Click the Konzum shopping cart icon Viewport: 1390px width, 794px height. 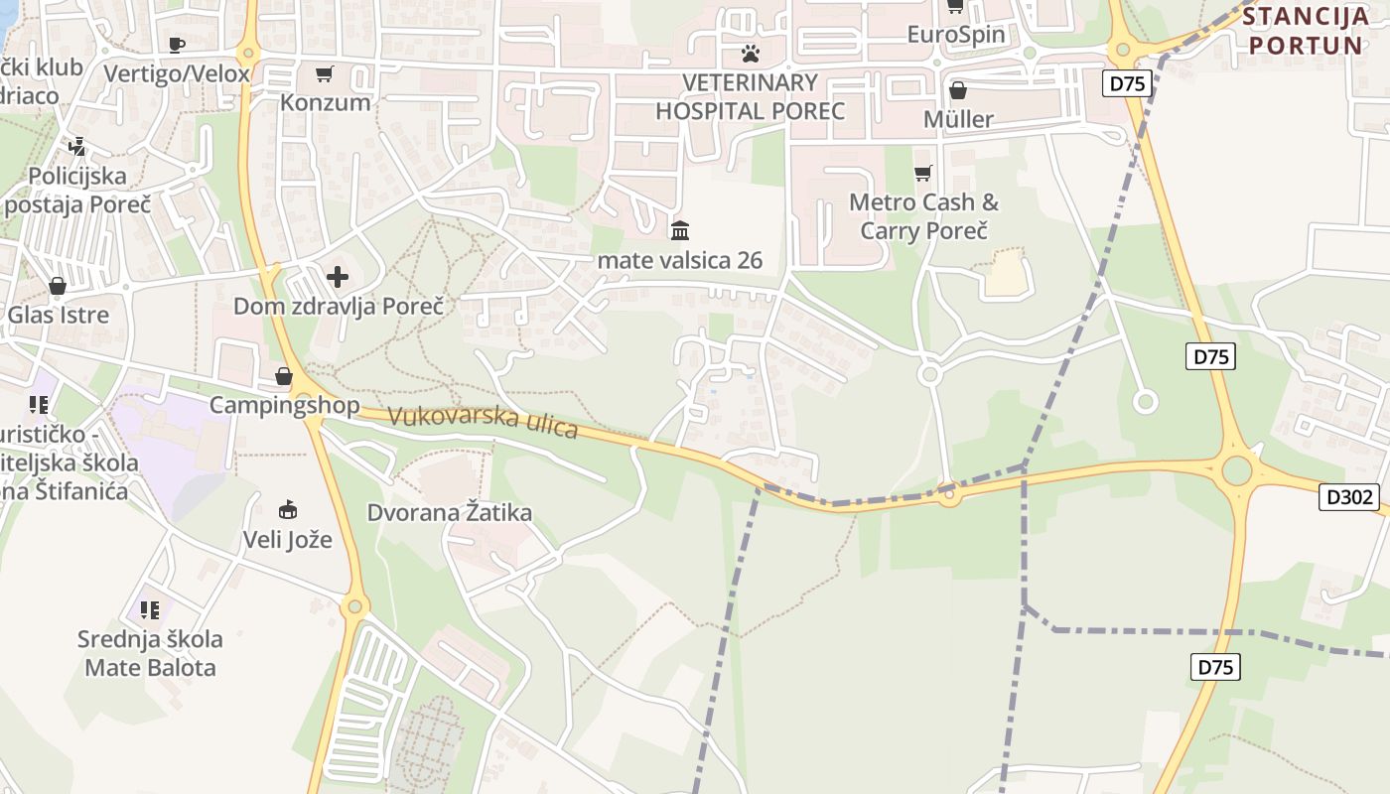point(324,74)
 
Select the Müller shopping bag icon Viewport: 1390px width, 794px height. point(958,91)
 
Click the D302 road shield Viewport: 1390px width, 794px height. point(1349,497)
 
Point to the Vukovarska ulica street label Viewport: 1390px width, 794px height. point(483,422)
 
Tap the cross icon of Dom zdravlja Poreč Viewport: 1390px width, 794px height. point(338,277)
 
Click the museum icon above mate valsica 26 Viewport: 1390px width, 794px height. point(680,230)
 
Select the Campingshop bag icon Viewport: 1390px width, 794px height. point(284,376)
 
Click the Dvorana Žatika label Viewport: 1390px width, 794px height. point(449,513)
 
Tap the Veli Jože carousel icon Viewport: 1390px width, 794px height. point(288,510)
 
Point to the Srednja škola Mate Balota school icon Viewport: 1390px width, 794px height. point(150,609)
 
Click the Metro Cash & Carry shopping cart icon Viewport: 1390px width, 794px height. point(923,174)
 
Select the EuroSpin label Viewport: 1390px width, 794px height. point(955,35)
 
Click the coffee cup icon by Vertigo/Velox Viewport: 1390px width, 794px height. point(177,45)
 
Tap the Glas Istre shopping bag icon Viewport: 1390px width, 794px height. point(58,287)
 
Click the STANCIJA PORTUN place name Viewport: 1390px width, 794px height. point(1307,31)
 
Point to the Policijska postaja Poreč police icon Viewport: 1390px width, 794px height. point(77,148)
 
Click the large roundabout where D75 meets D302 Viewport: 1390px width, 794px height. point(1236,470)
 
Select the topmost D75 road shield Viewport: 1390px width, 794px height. point(1127,83)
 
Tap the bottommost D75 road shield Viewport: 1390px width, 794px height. point(1214,667)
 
